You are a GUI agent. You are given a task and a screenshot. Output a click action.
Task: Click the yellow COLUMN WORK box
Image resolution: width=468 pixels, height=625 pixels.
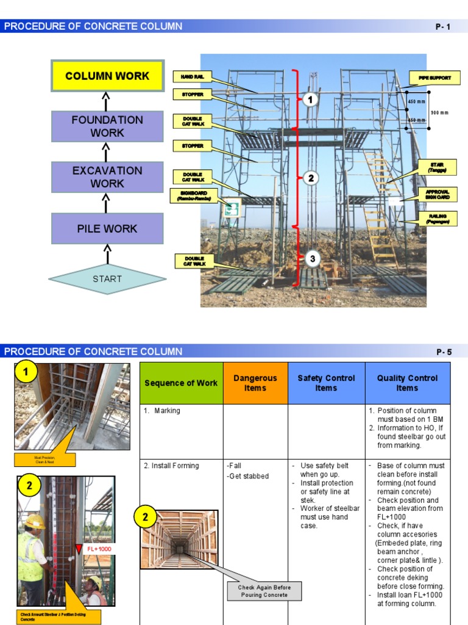pyautogui.click(x=107, y=76)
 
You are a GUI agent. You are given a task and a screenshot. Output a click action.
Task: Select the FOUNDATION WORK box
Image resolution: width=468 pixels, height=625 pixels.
pyautogui.click(x=107, y=126)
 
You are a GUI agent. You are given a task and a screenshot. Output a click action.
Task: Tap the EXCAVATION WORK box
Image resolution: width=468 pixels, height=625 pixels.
pyautogui.click(x=107, y=177)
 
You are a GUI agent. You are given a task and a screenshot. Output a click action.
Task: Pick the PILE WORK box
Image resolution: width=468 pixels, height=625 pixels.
pyautogui.click(x=107, y=229)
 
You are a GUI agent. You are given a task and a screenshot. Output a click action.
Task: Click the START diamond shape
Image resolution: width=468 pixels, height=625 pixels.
pyautogui.click(x=107, y=279)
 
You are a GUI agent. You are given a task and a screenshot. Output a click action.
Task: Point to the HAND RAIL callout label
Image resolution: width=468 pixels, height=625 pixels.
pyautogui.click(x=192, y=77)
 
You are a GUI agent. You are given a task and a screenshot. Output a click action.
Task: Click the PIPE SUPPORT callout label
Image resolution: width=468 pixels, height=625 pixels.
pyautogui.click(x=434, y=78)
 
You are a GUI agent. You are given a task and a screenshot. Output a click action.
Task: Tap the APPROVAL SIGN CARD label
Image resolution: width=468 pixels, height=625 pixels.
pyautogui.click(x=438, y=195)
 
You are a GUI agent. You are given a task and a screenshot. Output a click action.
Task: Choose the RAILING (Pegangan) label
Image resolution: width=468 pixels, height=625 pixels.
pyautogui.click(x=438, y=219)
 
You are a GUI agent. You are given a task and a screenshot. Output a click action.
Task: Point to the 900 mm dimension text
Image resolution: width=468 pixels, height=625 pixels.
pyautogui.click(x=439, y=112)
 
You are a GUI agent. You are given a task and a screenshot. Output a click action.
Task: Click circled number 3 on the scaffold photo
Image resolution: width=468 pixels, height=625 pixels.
pyautogui.click(x=312, y=259)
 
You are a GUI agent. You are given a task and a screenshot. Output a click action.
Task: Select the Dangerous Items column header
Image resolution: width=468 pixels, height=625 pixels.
pyautogui.click(x=255, y=383)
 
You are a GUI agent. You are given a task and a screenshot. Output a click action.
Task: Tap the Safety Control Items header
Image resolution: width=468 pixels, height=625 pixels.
pyautogui.click(x=326, y=383)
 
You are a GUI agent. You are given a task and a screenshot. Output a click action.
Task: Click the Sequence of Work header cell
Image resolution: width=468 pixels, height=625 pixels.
pyautogui.click(x=181, y=383)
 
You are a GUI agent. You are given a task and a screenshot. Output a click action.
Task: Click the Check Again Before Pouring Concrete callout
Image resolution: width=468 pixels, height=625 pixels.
pyautogui.click(x=264, y=591)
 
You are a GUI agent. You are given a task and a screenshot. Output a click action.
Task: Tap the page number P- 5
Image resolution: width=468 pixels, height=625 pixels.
pyautogui.click(x=444, y=352)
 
